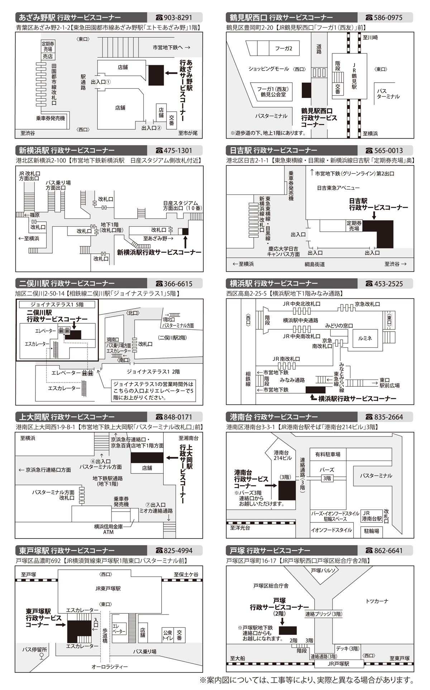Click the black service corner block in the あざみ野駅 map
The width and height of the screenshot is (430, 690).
156,75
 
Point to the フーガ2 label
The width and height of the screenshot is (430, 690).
283,48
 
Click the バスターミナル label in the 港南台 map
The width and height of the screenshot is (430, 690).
376,476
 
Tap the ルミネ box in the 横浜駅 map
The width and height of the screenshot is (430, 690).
365,338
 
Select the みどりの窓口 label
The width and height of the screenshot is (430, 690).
339,326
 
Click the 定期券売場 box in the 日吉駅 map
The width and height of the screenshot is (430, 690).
354,226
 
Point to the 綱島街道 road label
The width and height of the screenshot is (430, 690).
314,264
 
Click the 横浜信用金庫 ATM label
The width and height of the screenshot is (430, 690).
108,529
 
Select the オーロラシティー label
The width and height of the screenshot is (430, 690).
110,666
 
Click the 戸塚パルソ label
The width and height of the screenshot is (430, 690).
323,570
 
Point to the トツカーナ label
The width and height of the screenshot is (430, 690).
377,601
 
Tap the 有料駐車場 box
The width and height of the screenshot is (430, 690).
328,454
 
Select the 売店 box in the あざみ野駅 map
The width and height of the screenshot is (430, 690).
48,57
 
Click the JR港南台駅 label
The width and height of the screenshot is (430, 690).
371,516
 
